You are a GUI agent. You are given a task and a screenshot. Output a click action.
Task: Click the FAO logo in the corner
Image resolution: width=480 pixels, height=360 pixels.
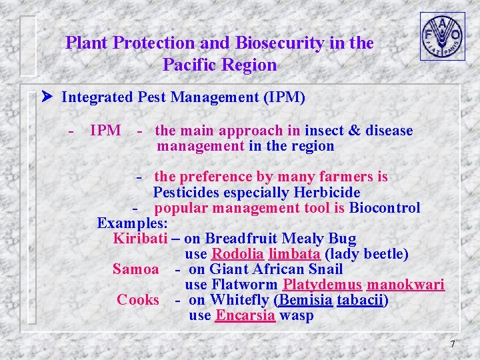[x=442, y=36]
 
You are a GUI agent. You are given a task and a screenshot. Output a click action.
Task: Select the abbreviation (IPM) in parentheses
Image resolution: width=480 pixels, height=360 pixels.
[x=285, y=97]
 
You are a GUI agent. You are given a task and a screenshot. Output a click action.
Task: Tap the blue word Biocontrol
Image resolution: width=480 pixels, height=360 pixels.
[x=385, y=208]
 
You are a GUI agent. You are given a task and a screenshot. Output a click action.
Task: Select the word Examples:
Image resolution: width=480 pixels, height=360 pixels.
[x=132, y=223]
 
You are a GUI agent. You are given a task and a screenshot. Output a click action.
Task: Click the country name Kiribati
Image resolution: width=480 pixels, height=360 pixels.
[x=139, y=239]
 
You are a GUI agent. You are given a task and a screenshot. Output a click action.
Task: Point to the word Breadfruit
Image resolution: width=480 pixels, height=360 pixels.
[x=236, y=239]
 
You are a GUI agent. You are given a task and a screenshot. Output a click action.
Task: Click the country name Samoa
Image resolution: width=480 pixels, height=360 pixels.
[x=136, y=269]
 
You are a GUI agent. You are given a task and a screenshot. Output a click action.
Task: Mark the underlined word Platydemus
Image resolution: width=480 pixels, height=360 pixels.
[x=322, y=285]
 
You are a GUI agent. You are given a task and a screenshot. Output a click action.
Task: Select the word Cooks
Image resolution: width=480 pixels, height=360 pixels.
[x=138, y=300]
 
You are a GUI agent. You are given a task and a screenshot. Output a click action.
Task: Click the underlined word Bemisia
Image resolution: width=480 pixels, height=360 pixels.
[x=305, y=300]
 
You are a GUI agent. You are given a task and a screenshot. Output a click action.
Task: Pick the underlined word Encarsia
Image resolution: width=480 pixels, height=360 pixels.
[x=245, y=315]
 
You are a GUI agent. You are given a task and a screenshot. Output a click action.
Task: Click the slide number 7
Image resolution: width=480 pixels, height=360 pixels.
[x=453, y=344]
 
